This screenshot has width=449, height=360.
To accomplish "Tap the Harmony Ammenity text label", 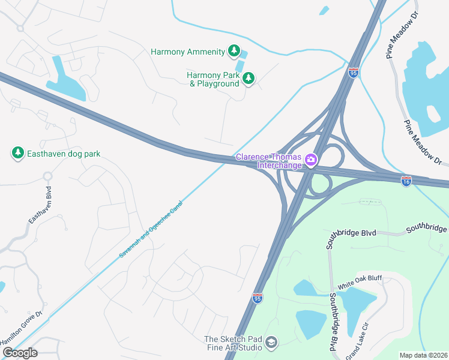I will [x=188, y=52].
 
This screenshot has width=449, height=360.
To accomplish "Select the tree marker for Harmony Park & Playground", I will [x=248, y=77].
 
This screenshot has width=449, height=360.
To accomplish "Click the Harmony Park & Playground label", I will [x=214, y=79].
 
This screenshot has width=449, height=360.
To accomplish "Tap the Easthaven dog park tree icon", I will [x=17, y=154].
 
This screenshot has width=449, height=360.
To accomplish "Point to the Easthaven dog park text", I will [x=63, y=154].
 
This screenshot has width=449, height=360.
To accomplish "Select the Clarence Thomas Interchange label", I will [x=270, y=161].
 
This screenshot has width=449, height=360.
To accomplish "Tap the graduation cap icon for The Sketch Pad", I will [x=271, y=341].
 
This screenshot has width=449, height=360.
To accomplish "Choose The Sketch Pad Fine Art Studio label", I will [x=233, y=343].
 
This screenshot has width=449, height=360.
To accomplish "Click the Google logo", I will [x=20, y=353].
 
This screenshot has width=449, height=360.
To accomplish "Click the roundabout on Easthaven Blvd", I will [x=47, y=176].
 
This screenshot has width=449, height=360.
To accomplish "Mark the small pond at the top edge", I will [x=325, y=10].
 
